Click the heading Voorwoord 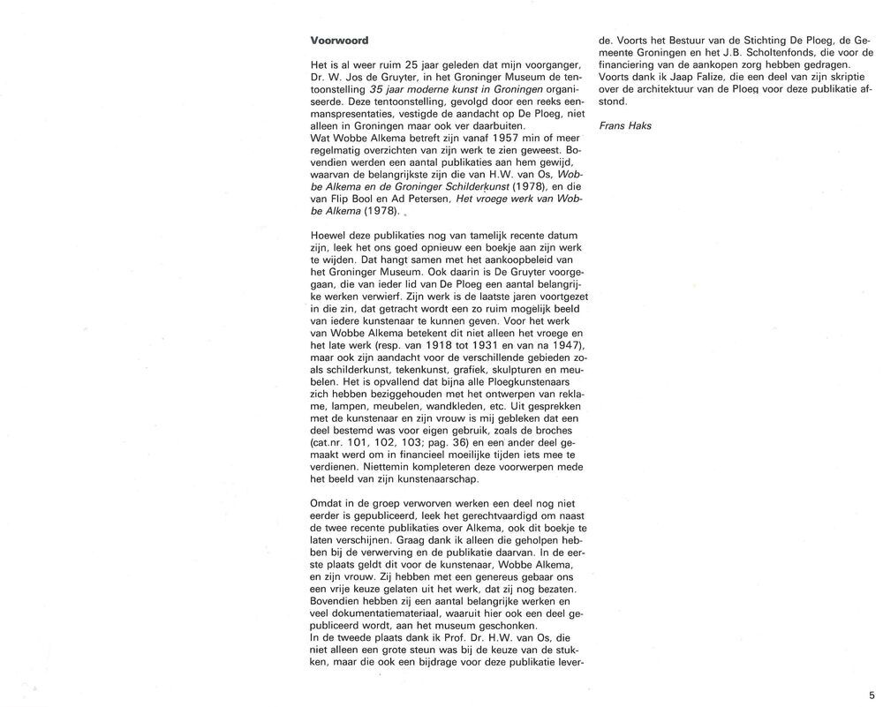(x=339, y=41)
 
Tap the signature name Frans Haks (x=624, y=126)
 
